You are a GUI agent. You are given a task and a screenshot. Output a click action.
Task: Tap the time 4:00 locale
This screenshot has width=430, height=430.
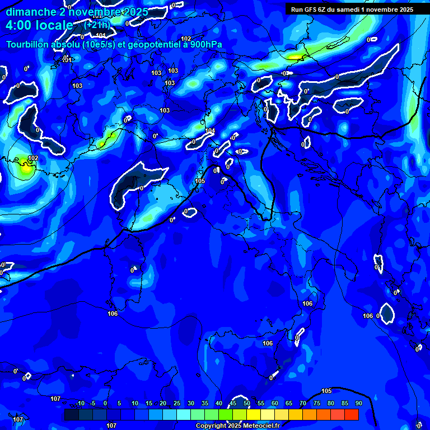(x=39, y=25)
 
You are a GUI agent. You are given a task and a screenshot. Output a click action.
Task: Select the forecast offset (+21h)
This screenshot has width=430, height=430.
(x=97, y=25)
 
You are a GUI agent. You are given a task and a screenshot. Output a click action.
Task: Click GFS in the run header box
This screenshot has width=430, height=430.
(x=312, y=10)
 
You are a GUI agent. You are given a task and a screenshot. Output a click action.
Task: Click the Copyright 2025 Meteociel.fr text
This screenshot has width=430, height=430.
(x=237, y=426)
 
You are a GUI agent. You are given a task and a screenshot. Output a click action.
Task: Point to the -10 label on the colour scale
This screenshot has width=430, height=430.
(x=80, y=404)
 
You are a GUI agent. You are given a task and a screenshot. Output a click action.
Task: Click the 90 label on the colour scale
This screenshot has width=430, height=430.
(x=358, y=404)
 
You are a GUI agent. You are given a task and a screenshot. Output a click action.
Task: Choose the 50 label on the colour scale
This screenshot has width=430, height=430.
(x=247, y=404)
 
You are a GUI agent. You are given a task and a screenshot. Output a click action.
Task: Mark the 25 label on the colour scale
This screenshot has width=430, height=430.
(x=176, y=404)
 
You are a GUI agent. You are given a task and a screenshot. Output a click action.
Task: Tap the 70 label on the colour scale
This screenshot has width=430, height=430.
(x=303, y=404)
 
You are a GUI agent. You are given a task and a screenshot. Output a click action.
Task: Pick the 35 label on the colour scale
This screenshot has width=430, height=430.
(x=205, y=404)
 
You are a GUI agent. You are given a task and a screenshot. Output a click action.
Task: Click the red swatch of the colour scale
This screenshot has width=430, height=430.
(x=351, y=414)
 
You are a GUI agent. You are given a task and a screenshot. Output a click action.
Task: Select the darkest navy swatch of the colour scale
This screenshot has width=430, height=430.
(x=71, y=414)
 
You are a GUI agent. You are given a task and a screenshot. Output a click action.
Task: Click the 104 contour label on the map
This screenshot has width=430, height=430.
(x=210, y=131)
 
